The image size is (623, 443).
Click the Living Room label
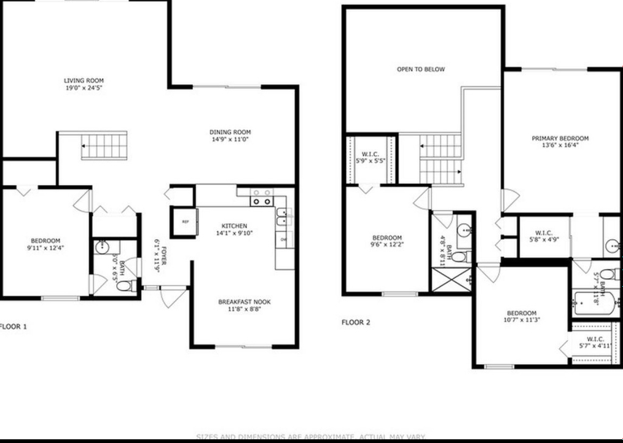[x=84, y=84]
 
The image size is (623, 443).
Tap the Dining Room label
[x=230, y=135]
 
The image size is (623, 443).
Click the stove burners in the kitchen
[x=262, y=197]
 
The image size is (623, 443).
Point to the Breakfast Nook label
[x=244, y=306]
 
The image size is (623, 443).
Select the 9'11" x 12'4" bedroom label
[x=45, y=244]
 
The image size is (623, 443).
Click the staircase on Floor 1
[x=104, y=146]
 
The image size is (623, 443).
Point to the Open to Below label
[x=420, y=70]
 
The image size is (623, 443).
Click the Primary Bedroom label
[x=560, y=142]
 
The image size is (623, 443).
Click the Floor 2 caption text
[x=356, y=322]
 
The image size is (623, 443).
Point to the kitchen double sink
[x=281, y=217]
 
